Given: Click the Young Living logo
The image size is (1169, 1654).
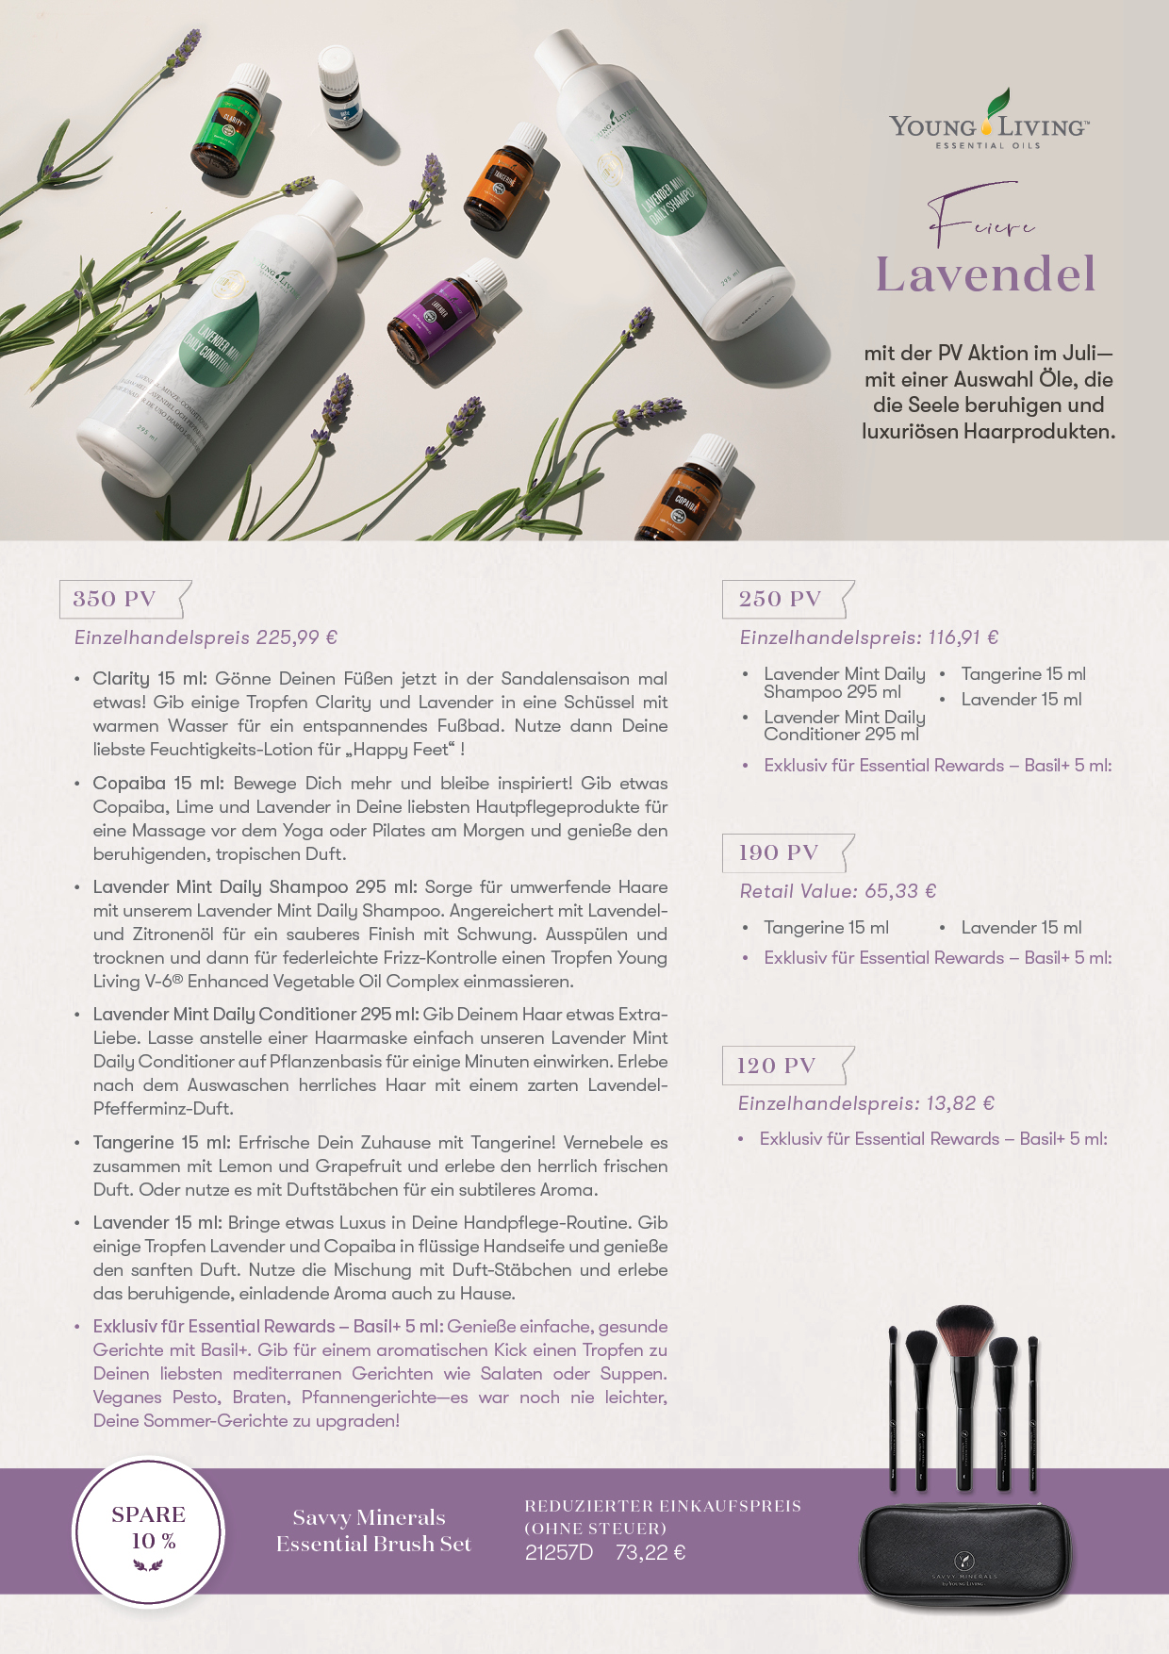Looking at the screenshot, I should [x=988, y=123].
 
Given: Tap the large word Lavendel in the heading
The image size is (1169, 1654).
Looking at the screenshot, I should [x=986, y=274].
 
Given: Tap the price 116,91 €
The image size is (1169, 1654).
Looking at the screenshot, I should [x=963, y=637].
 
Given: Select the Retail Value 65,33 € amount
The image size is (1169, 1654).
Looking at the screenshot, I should [x=900, y=891].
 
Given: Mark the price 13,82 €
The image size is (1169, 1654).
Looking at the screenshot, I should [x=960, y=1103].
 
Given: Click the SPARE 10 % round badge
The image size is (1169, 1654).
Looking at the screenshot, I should [x=148, y=1532].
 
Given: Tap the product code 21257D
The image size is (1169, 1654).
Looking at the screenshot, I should [x=559, y=1552].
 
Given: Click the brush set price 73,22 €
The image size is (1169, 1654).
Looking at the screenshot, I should [x=650, y=1552].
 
